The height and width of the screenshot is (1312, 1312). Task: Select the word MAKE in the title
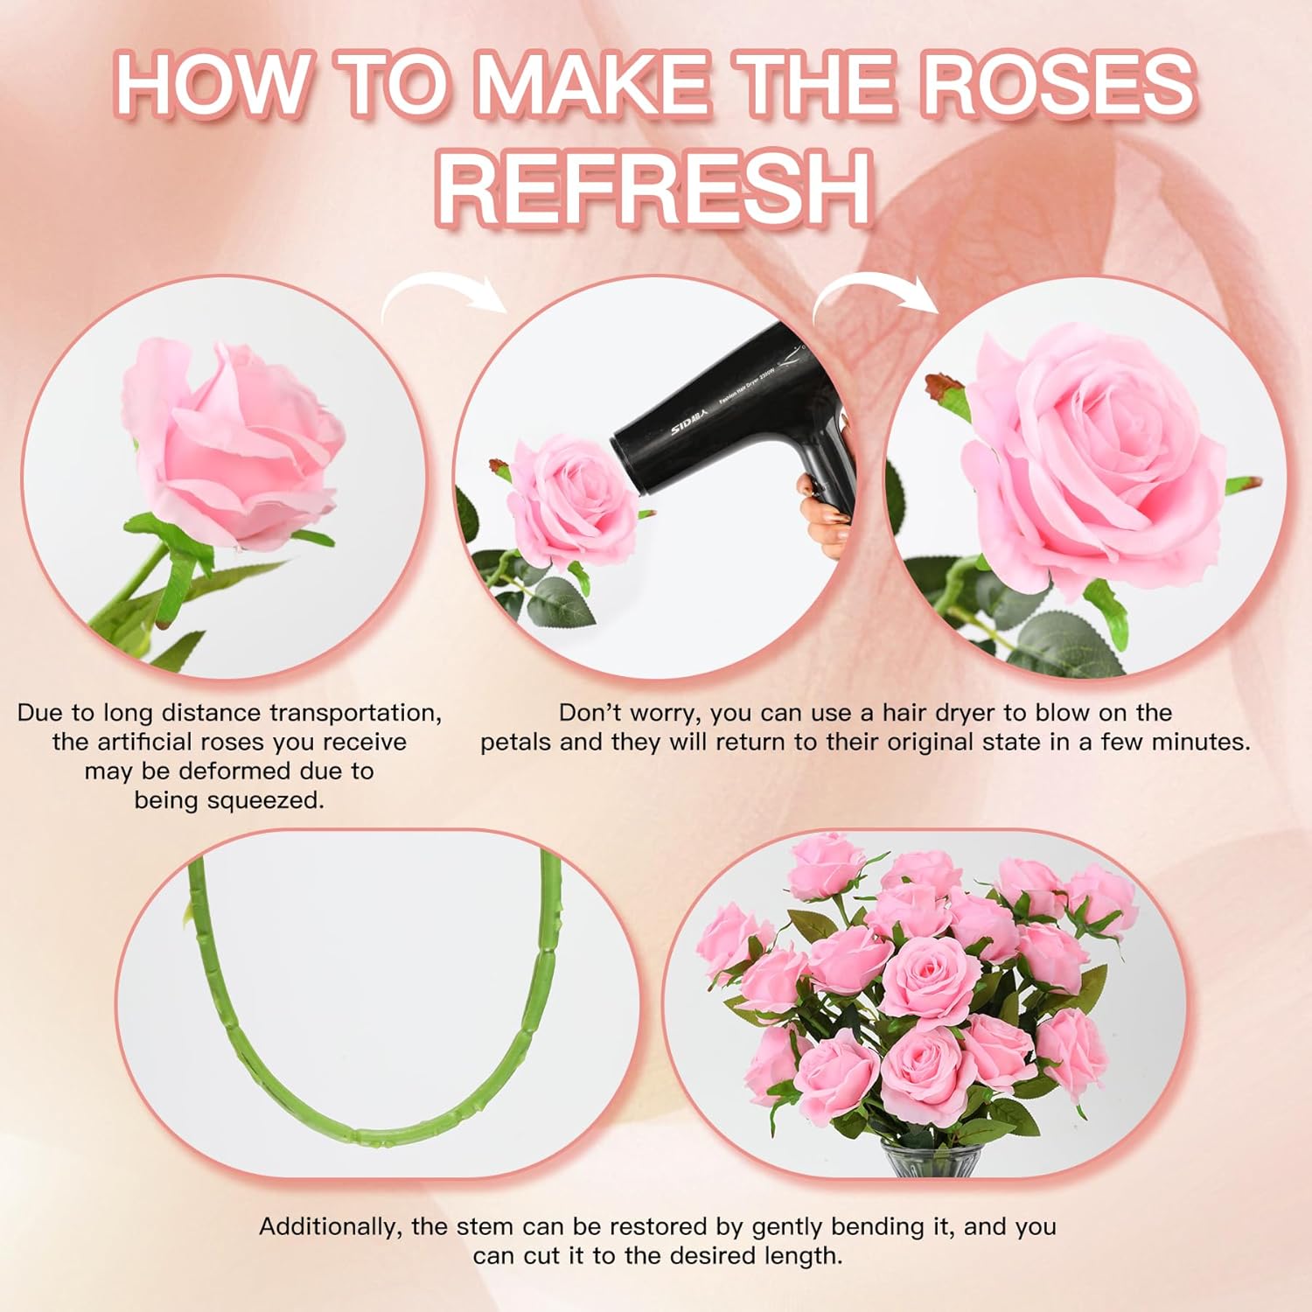pyautogui.click(x=594, y=84)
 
